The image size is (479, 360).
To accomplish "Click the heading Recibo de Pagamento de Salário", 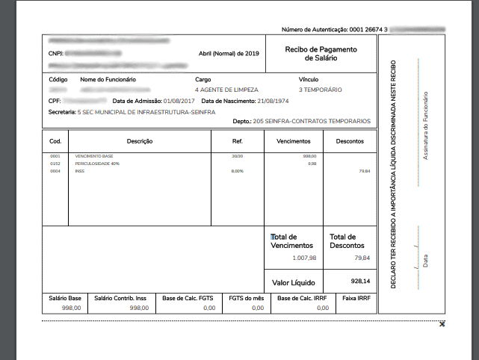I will (x=321, y=53).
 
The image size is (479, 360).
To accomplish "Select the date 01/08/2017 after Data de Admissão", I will (x=179, y=100).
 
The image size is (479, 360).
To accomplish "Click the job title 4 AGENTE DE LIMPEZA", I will (x=227, y=89).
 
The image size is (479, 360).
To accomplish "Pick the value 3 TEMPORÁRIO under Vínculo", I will (x=320, y=89).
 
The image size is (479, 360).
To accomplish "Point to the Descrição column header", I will (x=140, y=140).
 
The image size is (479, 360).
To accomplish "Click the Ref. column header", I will (x=238, y=140).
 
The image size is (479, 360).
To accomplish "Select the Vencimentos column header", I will (x=294, y=140).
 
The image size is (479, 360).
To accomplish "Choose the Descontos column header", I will (x=350, y=140).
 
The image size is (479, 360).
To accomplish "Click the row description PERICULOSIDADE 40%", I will (x=96, y=163).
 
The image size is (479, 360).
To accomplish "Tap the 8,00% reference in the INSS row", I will (x=238, y=171).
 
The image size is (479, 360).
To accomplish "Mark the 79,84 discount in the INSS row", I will (x=365, y=171).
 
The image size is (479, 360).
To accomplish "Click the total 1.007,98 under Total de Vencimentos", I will (x=304, y=258).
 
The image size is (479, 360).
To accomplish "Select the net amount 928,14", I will (x=359, y=282).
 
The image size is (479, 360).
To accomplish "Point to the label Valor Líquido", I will (x=293, y=283).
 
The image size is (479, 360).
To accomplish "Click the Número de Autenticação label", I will (x=315, y=29).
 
